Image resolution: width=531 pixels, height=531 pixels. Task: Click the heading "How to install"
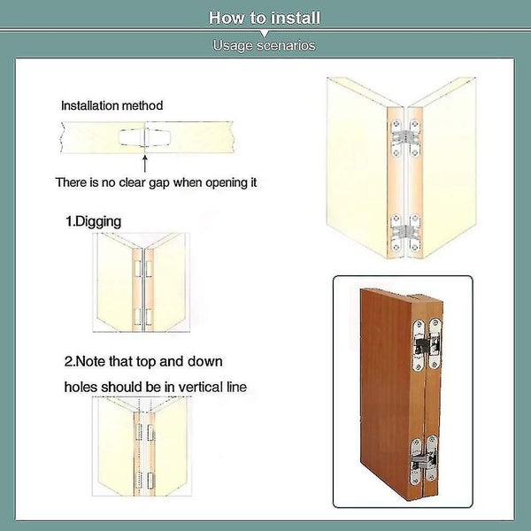[x=265, y=18]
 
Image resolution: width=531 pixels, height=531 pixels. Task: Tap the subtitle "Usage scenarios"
[x=265, y=45]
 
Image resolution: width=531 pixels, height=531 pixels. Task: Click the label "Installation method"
[x=112, y=105]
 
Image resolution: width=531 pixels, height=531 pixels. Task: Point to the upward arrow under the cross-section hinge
[x=144, y=162]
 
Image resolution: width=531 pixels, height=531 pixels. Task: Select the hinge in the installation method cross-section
[x=144, y=136]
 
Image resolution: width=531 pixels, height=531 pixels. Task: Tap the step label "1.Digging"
[x=94, y=221]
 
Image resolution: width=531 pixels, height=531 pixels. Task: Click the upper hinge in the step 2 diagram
[x=142, y=431]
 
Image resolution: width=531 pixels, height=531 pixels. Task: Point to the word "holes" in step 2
[x=81, y=387]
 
